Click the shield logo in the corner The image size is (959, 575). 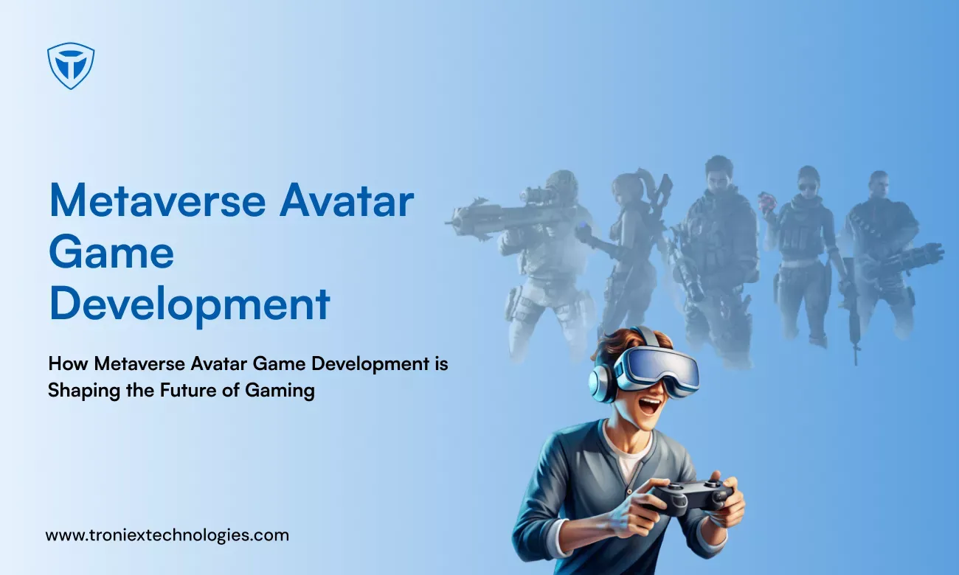click(x=71, y=66)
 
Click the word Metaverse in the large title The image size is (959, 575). click(x=158, y=201)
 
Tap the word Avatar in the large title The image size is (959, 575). click(x=347, y=201)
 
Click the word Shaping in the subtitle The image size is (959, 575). click(x=84, y=391)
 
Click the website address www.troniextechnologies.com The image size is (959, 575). click(x=167, y=535)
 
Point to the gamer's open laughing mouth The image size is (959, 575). click(x=650, y=406)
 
